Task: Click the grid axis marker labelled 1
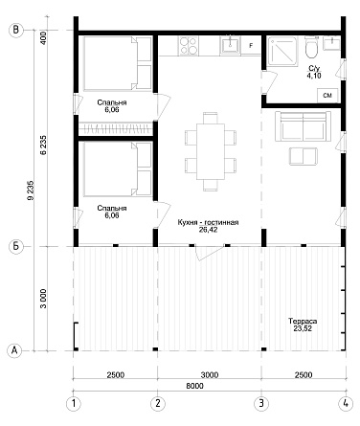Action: (x=74, y=404)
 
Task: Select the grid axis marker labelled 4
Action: (x=346, y=404)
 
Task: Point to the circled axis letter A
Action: (x=14, y=350)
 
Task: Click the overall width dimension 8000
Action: (x=194, y=386)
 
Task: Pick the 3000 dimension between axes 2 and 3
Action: (x=210, y=374)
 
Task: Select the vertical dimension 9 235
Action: (x=31, y=191)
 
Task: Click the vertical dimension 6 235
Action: (x=43, y=145)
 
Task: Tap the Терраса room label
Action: (x=303, y=321)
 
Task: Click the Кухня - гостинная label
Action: (x=208, y=222)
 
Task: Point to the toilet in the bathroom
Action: (x=311, y=47)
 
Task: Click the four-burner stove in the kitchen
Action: (x=189, y=46)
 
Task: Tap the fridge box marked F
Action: (x=251, y=46)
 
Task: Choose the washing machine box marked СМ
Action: (x=327, y=96)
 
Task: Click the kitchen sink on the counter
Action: (x=230, y=45)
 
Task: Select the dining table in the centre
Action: (x=211, y=151)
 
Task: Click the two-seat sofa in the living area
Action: (x=303, y=126)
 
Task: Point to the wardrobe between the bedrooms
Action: (x=116, y=128)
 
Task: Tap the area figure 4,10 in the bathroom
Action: (x=314, y=76)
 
